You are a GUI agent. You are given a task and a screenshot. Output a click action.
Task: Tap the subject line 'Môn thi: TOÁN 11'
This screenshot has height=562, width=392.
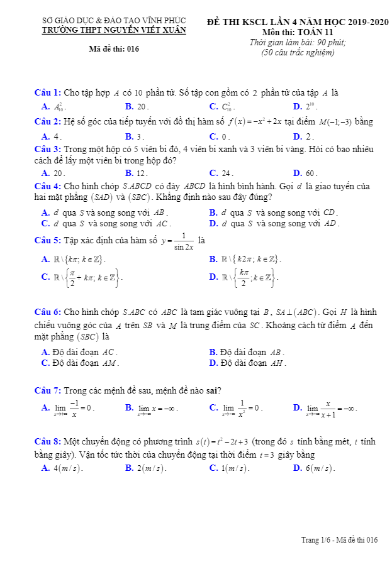[x=298, y=32]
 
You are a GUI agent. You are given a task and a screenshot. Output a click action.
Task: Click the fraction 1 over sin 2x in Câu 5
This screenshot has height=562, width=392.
[x=183, y=241]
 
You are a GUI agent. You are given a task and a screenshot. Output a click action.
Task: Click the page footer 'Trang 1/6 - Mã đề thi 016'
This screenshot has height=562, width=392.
[x=339, y=539]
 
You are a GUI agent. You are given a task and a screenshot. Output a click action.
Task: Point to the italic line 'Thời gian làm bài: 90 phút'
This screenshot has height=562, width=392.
[x=298, y=42]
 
